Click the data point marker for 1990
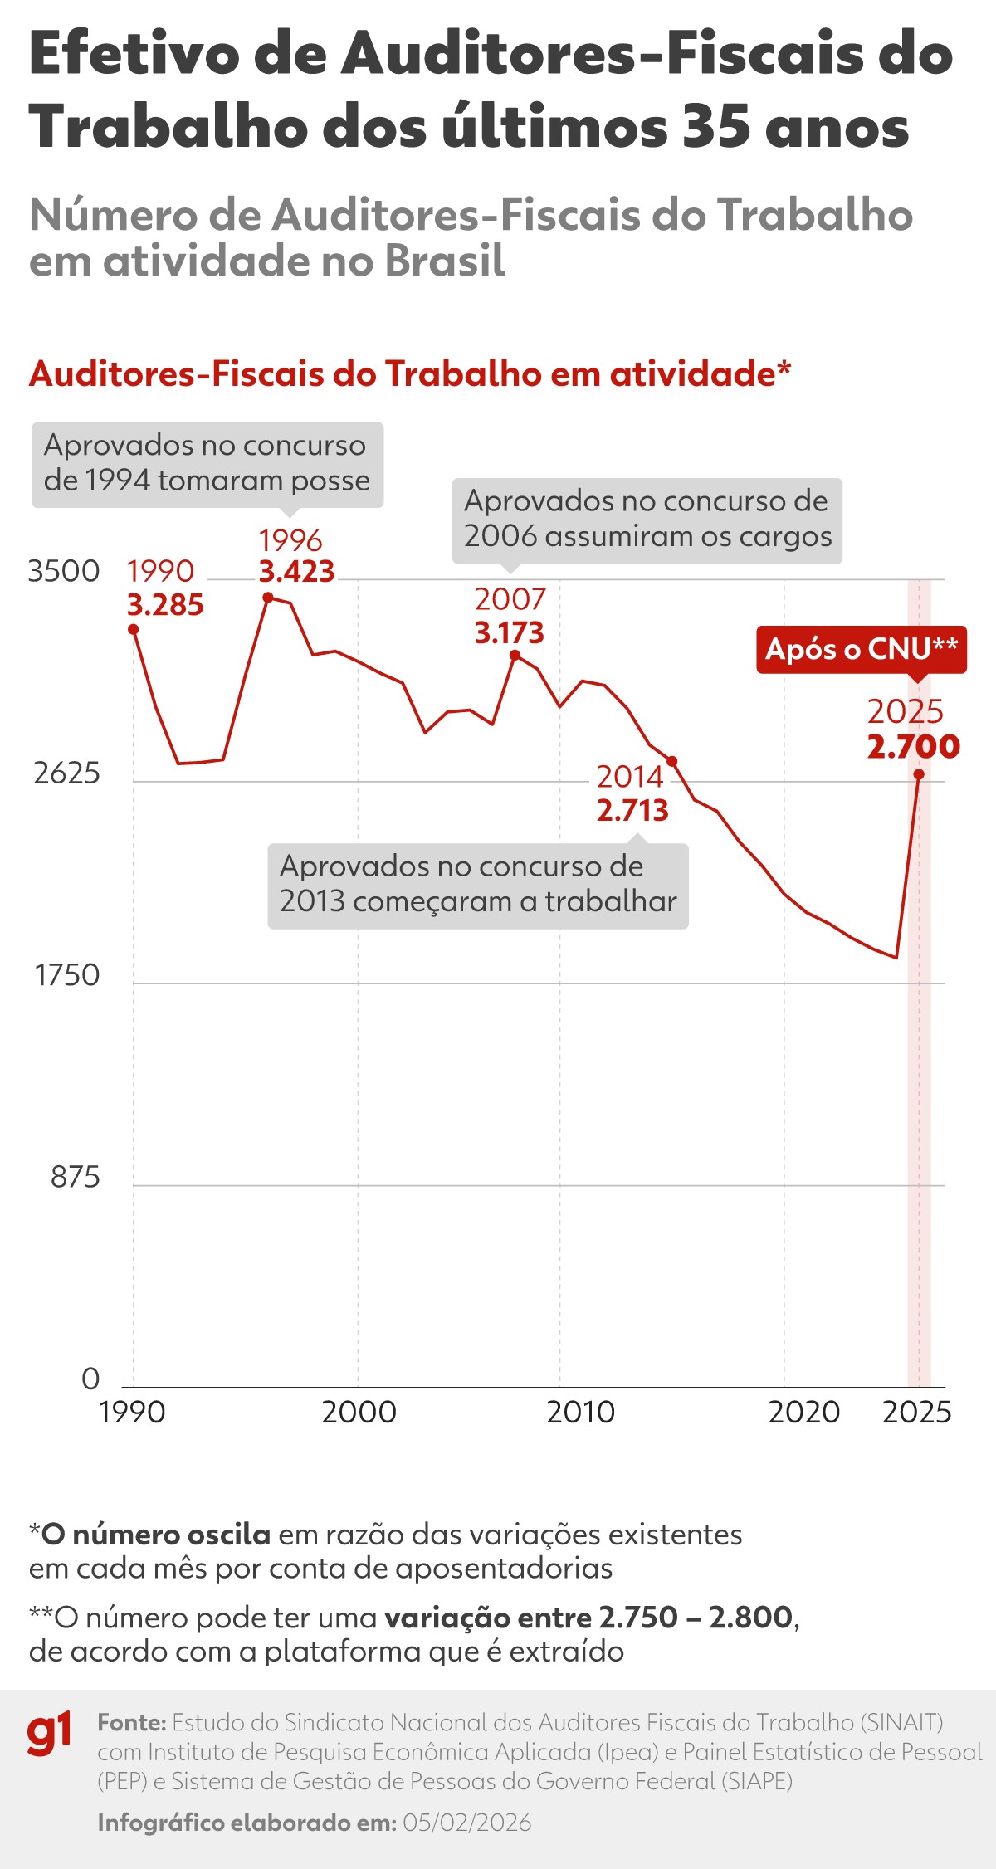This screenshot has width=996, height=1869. coord(133,629)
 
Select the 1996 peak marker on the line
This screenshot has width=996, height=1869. coord(267,597)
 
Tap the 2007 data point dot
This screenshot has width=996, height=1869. coord(515,655)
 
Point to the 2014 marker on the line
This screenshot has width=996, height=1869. coord(672,761)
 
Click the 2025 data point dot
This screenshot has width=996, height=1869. coord(919,774)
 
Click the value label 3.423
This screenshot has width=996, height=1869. coord(296,572)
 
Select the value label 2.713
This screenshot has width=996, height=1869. coord(632,810)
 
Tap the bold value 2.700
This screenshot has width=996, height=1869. coord(913,746)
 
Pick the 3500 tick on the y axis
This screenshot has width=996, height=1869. coord(64,571)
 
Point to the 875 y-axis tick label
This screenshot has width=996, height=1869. coord(75,1177)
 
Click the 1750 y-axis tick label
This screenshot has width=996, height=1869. coord(66,975)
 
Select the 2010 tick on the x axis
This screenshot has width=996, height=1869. coord(580,1412)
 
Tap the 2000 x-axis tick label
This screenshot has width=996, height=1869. coord(359,1412)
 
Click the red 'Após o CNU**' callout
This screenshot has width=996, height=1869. coord(861,649)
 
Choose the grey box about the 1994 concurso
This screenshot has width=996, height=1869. coord(207,464)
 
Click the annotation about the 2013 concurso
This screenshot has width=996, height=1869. coord(477,885)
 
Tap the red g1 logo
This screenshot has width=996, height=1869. coord(49,1734)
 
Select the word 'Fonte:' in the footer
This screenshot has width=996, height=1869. coord(132,1722)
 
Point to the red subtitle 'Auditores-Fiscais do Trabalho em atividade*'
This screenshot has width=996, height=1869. coord(410,374)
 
